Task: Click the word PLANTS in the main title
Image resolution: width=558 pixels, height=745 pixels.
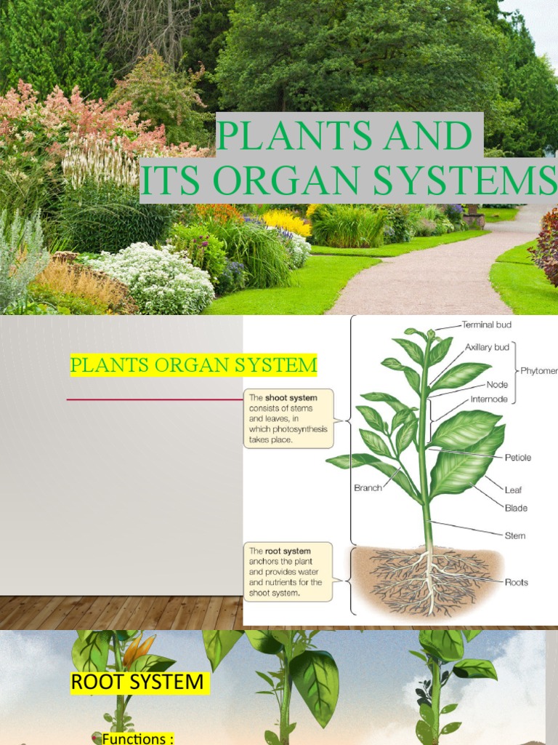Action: point(279,136)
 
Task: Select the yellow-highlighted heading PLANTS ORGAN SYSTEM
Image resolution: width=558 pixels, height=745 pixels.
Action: point(193,364)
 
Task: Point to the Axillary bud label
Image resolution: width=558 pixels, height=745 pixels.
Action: point(487,347)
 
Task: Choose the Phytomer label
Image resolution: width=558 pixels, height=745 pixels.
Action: point(538,370)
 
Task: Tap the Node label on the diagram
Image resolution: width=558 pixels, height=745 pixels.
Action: point(496,384)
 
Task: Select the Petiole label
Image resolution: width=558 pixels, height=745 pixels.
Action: point(517,458)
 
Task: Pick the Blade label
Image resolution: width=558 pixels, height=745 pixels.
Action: point(516,508)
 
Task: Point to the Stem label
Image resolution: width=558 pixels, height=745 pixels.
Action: point(514,535)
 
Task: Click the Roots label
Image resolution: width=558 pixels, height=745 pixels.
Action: point(516,582)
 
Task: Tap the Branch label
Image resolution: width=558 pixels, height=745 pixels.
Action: point(368,487)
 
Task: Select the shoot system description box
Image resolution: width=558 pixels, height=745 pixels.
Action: point(288,419)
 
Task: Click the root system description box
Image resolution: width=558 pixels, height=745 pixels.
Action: point(288,572)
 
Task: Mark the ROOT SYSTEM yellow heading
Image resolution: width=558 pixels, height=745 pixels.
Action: point(137,682)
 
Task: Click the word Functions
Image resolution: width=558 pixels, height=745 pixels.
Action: point(138,738)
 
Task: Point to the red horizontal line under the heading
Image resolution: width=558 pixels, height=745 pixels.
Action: point(154,399)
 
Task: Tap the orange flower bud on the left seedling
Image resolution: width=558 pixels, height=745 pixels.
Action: point(140,650)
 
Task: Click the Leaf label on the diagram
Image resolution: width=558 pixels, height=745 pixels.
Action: point(513,490)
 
